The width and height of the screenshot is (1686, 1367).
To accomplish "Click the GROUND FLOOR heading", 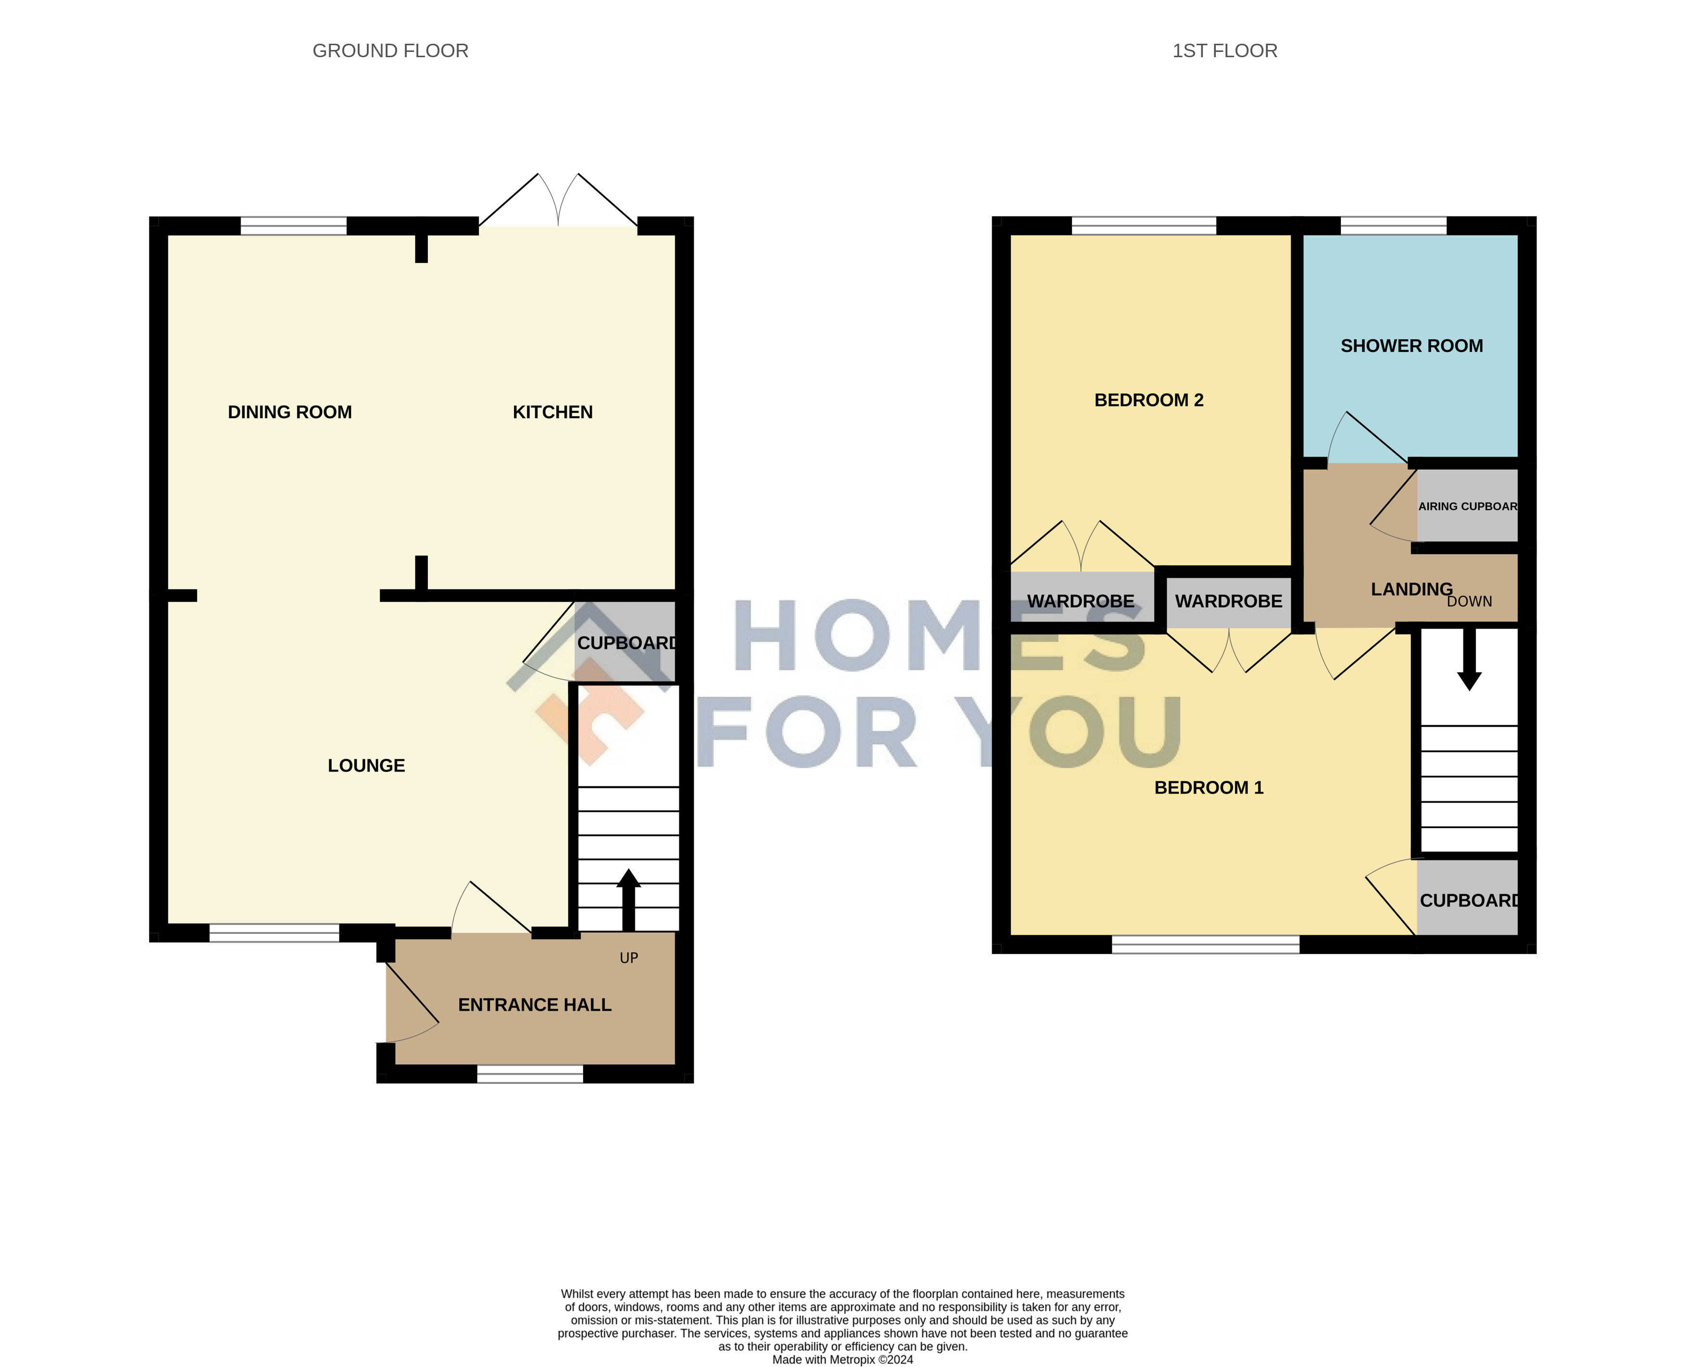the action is [390, 51].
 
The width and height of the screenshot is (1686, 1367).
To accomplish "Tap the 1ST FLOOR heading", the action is [1224, 51].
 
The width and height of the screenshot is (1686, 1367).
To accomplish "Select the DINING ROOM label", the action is [290, 412].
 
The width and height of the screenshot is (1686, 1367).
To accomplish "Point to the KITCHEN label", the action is [553, 412].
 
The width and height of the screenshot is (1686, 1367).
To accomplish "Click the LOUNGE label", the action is [366, 765].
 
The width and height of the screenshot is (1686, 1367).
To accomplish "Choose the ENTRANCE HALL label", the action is [535, 1005].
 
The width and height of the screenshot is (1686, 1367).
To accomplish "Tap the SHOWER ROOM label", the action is [1412, 346].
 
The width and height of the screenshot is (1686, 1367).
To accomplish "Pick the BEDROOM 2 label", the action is [1149, 400].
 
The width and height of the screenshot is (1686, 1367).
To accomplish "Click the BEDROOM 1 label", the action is [1209, 787].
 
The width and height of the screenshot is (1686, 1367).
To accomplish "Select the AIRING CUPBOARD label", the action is [1468, 506].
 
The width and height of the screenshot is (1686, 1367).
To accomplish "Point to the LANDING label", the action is [1412, 589].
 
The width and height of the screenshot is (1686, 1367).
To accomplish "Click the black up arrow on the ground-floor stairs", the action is [628, 900].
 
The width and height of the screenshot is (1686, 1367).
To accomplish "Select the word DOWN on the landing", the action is [1470, 602].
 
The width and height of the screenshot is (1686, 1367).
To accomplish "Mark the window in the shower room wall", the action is [1394, 226].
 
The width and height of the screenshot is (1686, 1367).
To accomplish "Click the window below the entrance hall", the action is [530, 1074].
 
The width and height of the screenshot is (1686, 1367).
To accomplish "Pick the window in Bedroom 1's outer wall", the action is [1206, 945].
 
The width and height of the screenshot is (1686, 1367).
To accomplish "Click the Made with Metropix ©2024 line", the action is [843, 1360].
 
